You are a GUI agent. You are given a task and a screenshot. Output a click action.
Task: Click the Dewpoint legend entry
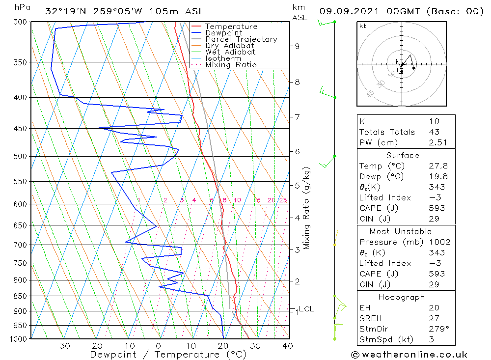223,33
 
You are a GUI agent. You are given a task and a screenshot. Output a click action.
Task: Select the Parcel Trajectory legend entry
241,39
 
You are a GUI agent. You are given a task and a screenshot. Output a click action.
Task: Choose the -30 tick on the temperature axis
61,346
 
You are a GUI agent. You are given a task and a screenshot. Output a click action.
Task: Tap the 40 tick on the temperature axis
288,346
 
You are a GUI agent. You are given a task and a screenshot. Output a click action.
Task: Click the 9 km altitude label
297,46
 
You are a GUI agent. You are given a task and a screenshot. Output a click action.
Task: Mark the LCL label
306,309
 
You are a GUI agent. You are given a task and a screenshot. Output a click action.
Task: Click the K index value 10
434,121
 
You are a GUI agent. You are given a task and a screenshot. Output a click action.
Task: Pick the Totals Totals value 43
434,132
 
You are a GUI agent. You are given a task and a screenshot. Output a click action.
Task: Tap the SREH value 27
434,318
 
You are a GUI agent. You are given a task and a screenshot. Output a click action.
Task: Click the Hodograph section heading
402,297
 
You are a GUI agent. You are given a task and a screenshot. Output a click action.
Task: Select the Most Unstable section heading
401,231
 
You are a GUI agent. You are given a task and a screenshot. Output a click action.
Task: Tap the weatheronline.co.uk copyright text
409,355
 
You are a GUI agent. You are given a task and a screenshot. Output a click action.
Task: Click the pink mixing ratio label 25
283,200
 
